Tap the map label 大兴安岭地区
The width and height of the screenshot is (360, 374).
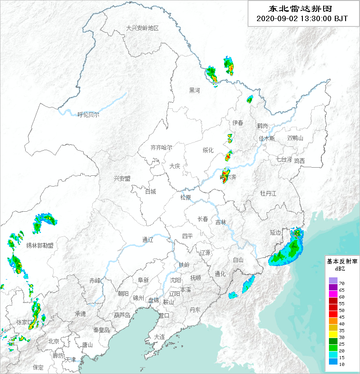(143, 28)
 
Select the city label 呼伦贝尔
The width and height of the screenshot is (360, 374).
(88, 115)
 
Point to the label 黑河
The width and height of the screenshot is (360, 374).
(194, 90)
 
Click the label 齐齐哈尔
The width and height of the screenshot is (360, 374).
(161, 147)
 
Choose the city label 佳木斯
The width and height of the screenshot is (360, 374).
(266, 138)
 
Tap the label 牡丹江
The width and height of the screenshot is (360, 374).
(268, 193)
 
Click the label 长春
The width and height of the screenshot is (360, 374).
(203, 219)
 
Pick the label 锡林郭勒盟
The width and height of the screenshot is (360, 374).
(40, 245)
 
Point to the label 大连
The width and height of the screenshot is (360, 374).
(159, 337)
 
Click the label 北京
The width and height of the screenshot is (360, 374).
(54, 342)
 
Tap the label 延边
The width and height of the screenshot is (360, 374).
(275, 232)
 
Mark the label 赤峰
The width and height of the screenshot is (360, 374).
(95, 280)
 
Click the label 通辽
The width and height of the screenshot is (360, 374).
(148, 240)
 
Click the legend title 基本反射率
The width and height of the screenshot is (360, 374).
(342, 261)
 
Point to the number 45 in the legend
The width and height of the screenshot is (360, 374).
(342, 317)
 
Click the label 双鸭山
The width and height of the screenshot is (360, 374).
(295, 138)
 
